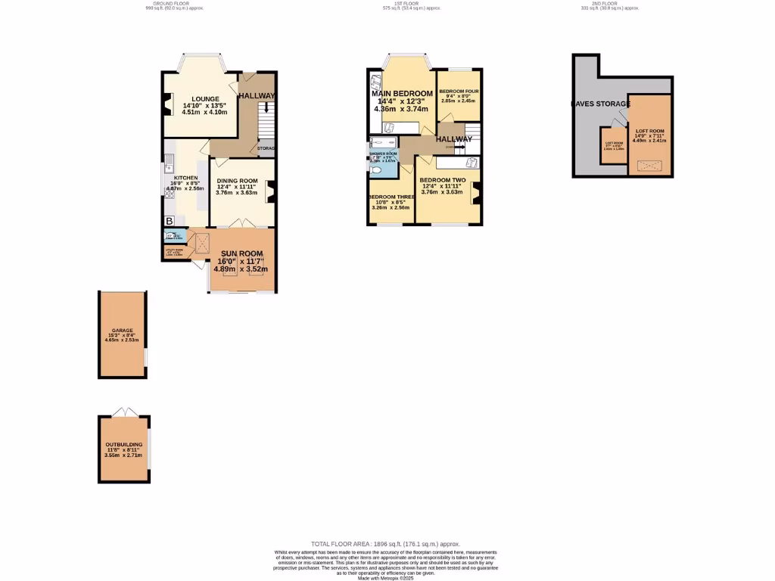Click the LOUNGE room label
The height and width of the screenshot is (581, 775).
205,99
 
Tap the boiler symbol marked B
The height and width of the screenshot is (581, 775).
169,221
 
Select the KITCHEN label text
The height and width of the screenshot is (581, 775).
185,179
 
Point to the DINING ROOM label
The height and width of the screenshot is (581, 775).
238,181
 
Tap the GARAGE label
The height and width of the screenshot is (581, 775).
123,331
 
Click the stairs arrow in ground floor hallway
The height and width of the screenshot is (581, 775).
266,108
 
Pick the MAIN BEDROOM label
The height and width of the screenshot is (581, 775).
402,94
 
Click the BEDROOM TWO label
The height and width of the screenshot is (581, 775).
443,180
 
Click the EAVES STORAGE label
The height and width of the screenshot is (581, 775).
601,104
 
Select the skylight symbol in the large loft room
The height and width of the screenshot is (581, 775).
649,165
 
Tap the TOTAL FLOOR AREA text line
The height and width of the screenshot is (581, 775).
386,544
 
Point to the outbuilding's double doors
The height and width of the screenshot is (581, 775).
123,412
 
